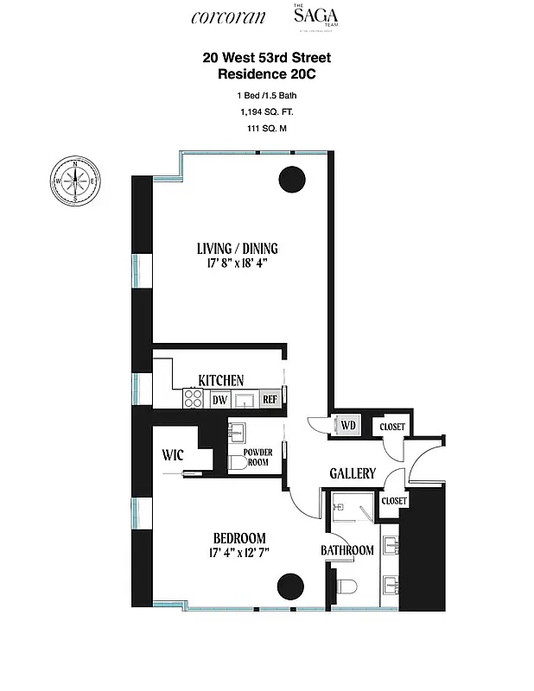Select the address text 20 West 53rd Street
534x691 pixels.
click(x=266, y=58)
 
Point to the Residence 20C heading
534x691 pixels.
click(x=266, y=74)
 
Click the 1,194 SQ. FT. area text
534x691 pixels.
click(x=266, y=111)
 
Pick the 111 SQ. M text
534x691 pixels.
click(x=266, y=129)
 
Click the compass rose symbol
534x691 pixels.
click(x=76, y=181)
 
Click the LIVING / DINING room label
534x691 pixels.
click(x=237, y=249)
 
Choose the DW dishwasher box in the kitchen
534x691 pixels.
click(x=219, y=400)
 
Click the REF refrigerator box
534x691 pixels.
click(x=269, y=400)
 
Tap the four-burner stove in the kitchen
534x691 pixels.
click(x=193, y=399)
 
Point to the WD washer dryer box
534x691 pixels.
click(x=348, y=426)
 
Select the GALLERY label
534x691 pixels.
click(x=353, y=473)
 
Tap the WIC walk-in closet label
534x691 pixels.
click(x=173, y=455)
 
